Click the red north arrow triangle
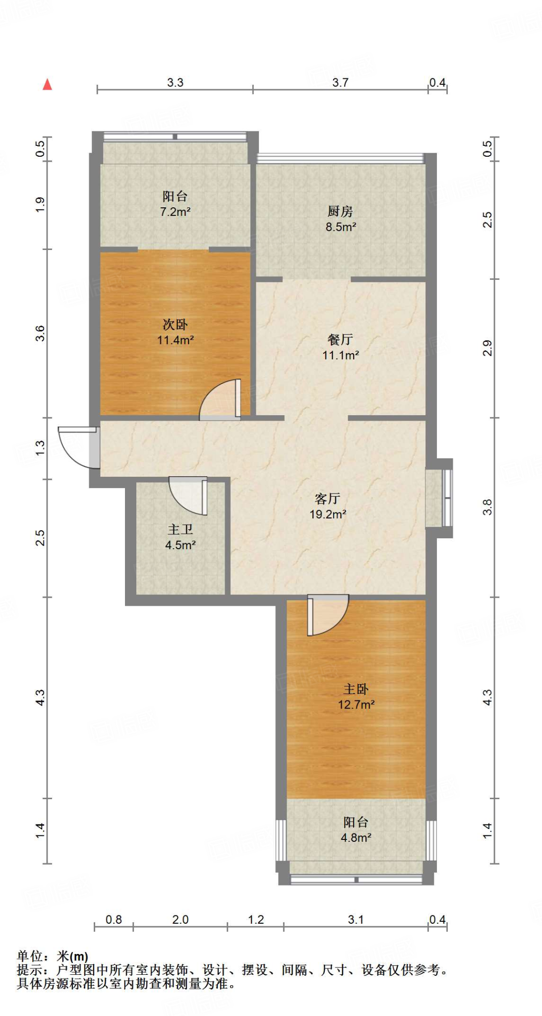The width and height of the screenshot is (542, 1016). pyautogui.click(x=48, y=85)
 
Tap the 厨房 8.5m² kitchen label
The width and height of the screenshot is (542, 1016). pyautogui.click(x=341, y=219)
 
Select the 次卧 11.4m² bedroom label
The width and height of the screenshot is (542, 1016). pyautogui.click(x=175, y=332)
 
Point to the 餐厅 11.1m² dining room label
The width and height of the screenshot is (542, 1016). pyautogui.click(x=340, y=347)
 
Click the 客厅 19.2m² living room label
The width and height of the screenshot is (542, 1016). pyautogui.click(x=327, y=506)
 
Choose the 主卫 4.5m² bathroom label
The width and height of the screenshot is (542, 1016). pyautogui.click(x=180, y=537)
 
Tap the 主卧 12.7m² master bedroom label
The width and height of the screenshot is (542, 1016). pyautogui.click(x=356, y=697)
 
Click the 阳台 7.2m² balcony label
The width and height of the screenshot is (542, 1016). pyautogui.click(x=175, y=203)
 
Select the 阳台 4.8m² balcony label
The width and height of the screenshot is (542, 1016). pyautogui.click(x=356, y=829)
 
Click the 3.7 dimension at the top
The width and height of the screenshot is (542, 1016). pyautogui.click(x=340, y=82)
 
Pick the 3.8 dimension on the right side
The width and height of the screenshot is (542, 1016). pyautogui.click(x=487, y=507)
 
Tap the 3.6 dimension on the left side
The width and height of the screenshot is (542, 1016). pyautogui.click(x=40, y=333)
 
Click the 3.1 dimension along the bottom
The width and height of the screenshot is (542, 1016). pyautogui.click(x=356, y=919)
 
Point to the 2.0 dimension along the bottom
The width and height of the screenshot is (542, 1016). pyautogui.click(x=180, y=919)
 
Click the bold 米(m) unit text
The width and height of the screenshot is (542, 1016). pyautogui.click(x=72, y=956)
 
